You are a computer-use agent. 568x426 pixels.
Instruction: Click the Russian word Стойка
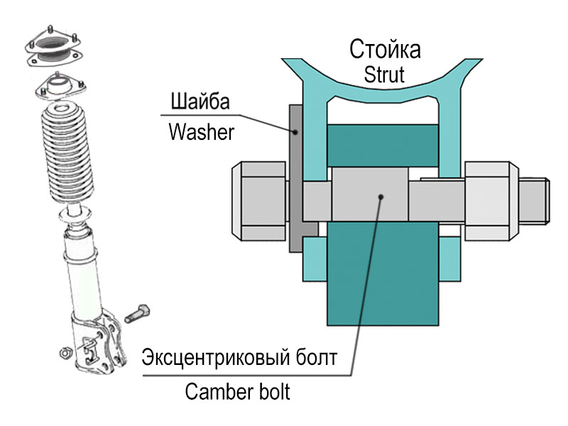coord(385,50)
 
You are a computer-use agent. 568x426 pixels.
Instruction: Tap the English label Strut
coord(385,74)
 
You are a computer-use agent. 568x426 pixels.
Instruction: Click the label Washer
coord(201,132)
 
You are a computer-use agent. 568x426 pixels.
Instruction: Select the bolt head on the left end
coord(259,200)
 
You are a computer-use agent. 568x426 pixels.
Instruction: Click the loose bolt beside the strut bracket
coord(138,313)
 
